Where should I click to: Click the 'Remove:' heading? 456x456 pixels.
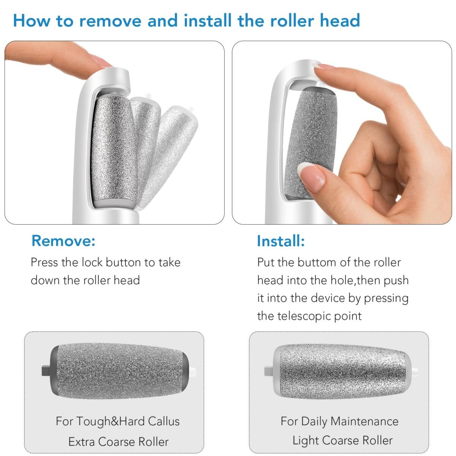point(63,241)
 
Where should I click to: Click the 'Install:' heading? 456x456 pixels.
point(281,241)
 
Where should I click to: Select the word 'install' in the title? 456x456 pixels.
point(207,21)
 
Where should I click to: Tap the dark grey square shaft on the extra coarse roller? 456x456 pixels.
point(46,370)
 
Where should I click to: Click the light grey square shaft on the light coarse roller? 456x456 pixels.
point(269,370)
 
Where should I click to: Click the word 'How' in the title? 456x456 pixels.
point(32,21)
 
